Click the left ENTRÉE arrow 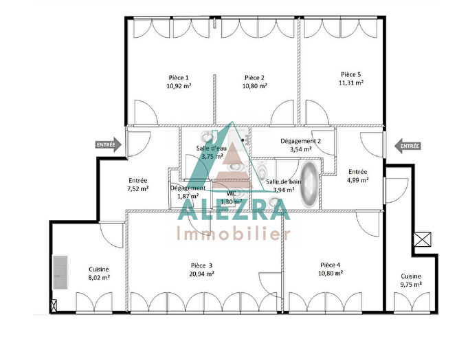[x=109, y=145]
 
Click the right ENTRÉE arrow [x=408, y=146]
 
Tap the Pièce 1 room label [x=178, y=78]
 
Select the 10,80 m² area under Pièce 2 [x=254, y=87]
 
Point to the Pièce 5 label [x=350, y=74]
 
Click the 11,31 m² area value [x=350, y=83]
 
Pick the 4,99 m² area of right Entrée [x=358, y=180]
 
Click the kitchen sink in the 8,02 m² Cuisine [x=61, y=274]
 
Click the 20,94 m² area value [x=201, y=273]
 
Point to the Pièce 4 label [x=331, y=264]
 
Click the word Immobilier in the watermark [x=234, y=234]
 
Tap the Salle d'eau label [x=212, y=148]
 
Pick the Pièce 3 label [x=201, y=265]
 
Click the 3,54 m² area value [x=301, y=149]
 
